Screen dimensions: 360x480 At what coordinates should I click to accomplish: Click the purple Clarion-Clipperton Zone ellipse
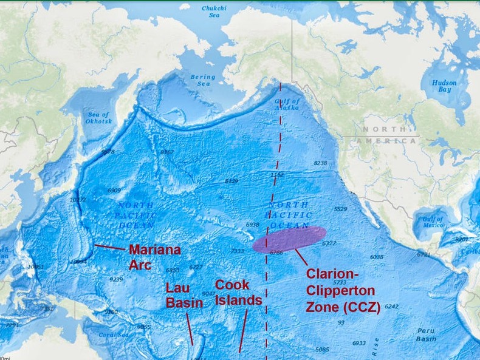point(289,239)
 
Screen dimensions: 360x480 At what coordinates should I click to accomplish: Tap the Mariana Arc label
point(154,257)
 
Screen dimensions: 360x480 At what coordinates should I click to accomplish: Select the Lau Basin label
point(184,295)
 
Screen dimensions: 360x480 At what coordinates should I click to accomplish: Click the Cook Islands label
point(238,293)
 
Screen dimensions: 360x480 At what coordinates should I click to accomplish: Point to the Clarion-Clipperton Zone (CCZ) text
point(343,290)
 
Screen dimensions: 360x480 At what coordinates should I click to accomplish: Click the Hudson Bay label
point(444,86)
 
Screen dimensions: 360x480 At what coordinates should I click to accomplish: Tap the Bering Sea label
point(203,81)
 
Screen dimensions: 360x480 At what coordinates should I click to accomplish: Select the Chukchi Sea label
point(214,12)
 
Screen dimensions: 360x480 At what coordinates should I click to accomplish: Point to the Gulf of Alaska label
point(287,104)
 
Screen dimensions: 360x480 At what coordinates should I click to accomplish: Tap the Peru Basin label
point(425,335)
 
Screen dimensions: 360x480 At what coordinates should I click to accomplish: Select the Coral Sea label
point(115,335)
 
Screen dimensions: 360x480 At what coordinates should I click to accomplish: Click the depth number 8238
point(320,163)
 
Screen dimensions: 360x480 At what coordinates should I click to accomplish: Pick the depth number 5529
point(340,209)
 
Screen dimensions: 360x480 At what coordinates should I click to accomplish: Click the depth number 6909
point(114,191)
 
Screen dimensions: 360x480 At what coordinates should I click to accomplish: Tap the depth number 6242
point(391,307)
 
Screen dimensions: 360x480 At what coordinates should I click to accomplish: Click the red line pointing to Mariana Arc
point(109,247)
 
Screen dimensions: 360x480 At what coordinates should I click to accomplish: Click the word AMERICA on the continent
point(386,141)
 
